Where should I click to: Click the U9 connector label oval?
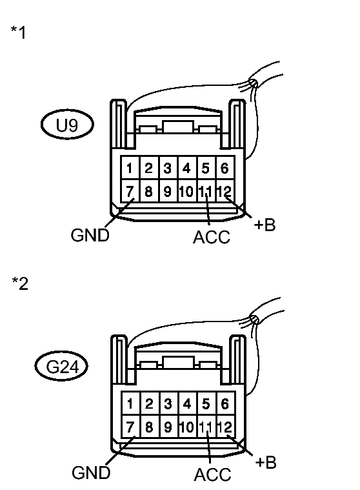click(x=68, y=125)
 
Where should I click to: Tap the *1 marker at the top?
click(x=19, y=33)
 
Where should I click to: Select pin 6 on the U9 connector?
click(x=224, y=169)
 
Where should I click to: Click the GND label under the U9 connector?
click(x=90, y=235)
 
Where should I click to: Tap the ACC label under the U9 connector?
click(x=212, y=238)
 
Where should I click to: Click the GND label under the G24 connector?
click(x=91, y=472)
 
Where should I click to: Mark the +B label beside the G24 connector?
click(x=266, y=462)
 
